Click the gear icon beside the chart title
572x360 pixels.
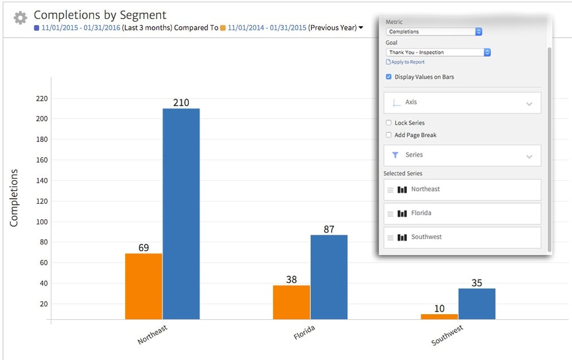click(20, 18)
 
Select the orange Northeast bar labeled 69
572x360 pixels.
click(144, 286)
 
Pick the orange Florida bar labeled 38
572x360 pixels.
click(291, 302)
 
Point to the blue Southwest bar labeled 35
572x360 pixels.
click(476, 303)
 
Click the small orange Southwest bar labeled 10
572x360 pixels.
click(439, 316)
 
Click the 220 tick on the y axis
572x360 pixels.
click(41, 98)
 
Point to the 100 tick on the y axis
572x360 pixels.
click(41, 221)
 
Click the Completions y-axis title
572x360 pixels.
click(14, 197)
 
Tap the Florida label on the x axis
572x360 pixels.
click(304, 333)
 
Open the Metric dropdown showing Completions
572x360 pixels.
click(434, 32)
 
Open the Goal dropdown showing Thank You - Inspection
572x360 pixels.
click(438, 52)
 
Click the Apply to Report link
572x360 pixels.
click(407, 62)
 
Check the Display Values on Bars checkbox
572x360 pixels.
click(389, 77)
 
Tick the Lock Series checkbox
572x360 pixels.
click(389, 123)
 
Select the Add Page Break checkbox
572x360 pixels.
click(389, 135)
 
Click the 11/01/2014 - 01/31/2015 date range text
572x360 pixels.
click(267, 27)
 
